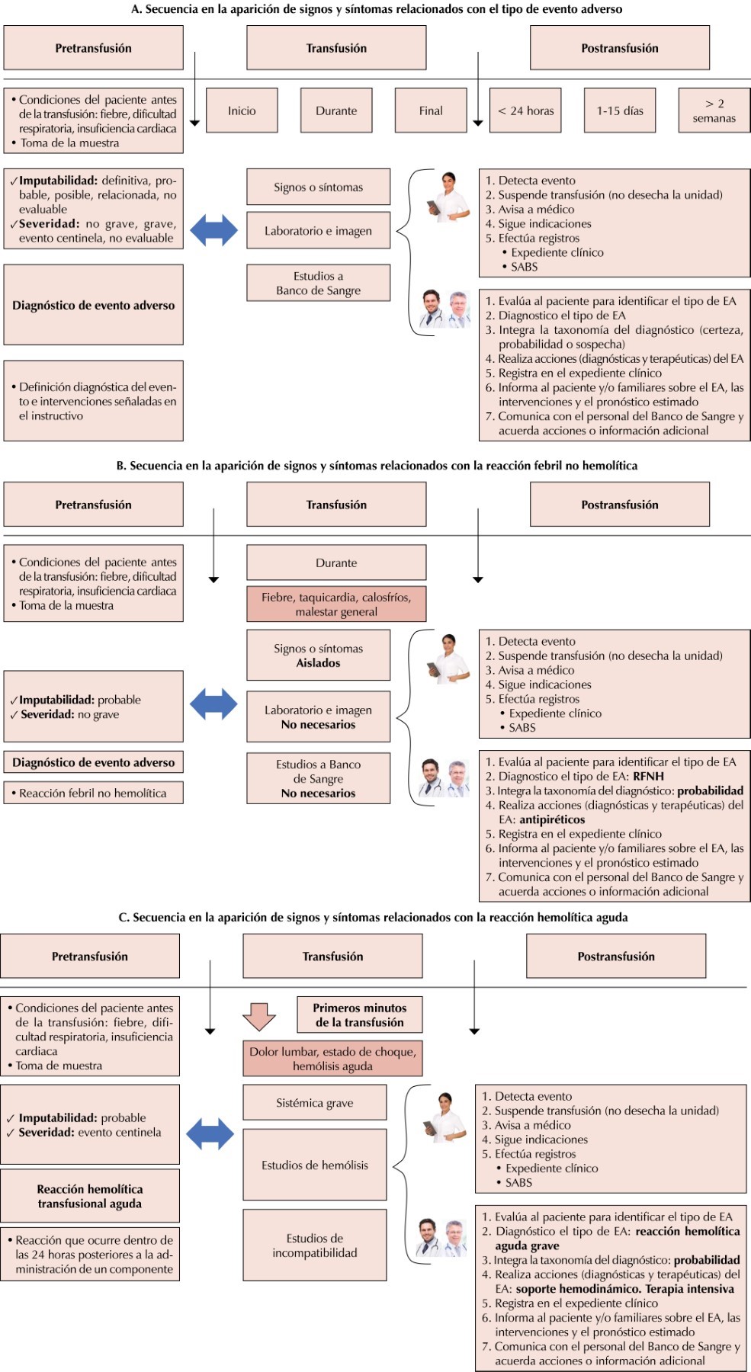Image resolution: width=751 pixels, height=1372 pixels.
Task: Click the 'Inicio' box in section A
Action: point(242,111)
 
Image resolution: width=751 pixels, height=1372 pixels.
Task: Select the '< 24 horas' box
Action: point(525,111)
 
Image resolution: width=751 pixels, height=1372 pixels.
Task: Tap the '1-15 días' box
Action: point(620,111)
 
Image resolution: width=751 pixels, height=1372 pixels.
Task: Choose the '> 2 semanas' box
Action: point(714,111)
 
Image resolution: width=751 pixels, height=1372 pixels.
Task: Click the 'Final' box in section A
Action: point(431,111)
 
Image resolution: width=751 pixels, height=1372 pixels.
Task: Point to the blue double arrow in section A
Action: point(213,230)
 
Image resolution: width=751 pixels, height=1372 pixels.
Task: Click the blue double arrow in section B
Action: point(213,704)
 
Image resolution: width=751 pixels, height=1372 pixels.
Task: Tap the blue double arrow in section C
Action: point(210,1133)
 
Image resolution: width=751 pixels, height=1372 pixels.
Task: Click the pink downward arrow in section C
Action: point(259,1016)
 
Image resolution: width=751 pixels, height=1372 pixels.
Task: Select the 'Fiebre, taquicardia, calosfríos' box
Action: point(336,604)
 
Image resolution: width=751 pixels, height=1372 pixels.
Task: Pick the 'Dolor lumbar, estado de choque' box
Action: point(332,1058)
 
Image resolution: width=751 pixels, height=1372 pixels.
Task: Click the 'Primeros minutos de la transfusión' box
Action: point(359,1015)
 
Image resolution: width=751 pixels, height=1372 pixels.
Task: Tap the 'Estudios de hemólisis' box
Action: point(315,1165)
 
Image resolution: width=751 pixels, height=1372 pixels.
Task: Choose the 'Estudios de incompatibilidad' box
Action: point(315,1245)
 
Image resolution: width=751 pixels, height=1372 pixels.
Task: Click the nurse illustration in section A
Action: point(449,197)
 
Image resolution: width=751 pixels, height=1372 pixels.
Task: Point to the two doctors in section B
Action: point(444,778)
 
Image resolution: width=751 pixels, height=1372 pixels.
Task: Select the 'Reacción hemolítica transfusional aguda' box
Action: point(90,1196)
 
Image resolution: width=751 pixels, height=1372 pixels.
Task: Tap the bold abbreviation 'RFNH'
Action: point(648,776)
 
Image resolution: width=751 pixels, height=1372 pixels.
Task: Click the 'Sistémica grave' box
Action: point(315,1102)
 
